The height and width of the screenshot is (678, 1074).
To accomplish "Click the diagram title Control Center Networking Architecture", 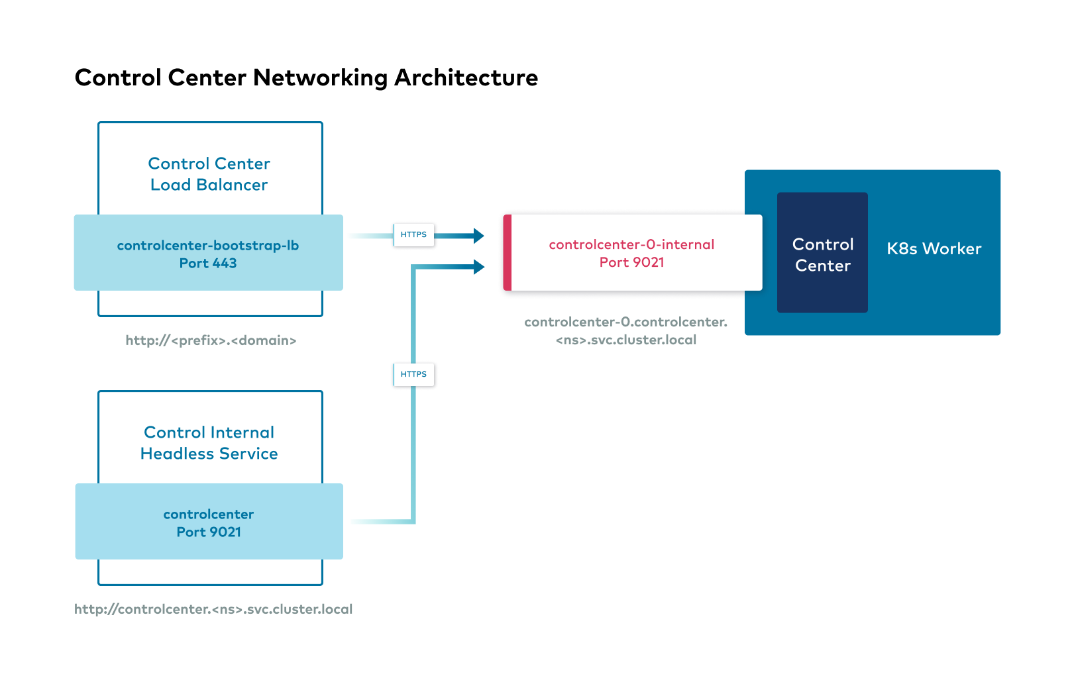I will click(306, 78).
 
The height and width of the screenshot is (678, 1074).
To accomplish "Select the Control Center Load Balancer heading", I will click(209, 174).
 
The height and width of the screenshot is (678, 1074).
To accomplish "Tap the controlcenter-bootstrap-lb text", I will click(208, 246).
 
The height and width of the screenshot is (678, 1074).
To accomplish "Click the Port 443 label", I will click(208, 264).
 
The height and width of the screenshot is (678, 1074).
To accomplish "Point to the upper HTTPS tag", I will click(413, 234).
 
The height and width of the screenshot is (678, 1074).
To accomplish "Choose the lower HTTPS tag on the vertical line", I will click(413, 374).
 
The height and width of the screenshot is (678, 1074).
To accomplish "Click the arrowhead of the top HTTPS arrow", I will click(478, 235).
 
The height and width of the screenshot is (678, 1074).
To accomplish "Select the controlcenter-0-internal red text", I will click(631, 244).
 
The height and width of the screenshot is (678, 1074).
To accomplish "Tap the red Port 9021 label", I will click(631, 262).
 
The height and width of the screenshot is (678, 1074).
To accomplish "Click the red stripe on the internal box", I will click(508, 252).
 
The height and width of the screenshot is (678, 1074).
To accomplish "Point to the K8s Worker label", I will click(934, 249).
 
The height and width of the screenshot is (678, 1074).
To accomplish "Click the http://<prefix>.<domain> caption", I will click(211, 340).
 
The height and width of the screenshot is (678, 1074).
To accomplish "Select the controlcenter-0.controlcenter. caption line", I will click(625, 322).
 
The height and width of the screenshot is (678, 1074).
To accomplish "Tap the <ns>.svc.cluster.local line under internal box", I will click(625, 340).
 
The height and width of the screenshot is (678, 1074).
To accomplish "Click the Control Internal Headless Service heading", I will click(209, 443).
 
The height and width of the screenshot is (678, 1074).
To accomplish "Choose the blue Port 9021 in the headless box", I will click(209, 532).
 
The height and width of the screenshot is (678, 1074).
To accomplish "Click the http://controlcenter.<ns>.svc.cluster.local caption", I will click(213, 609).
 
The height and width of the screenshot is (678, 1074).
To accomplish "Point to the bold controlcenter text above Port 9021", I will click(209, 514).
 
